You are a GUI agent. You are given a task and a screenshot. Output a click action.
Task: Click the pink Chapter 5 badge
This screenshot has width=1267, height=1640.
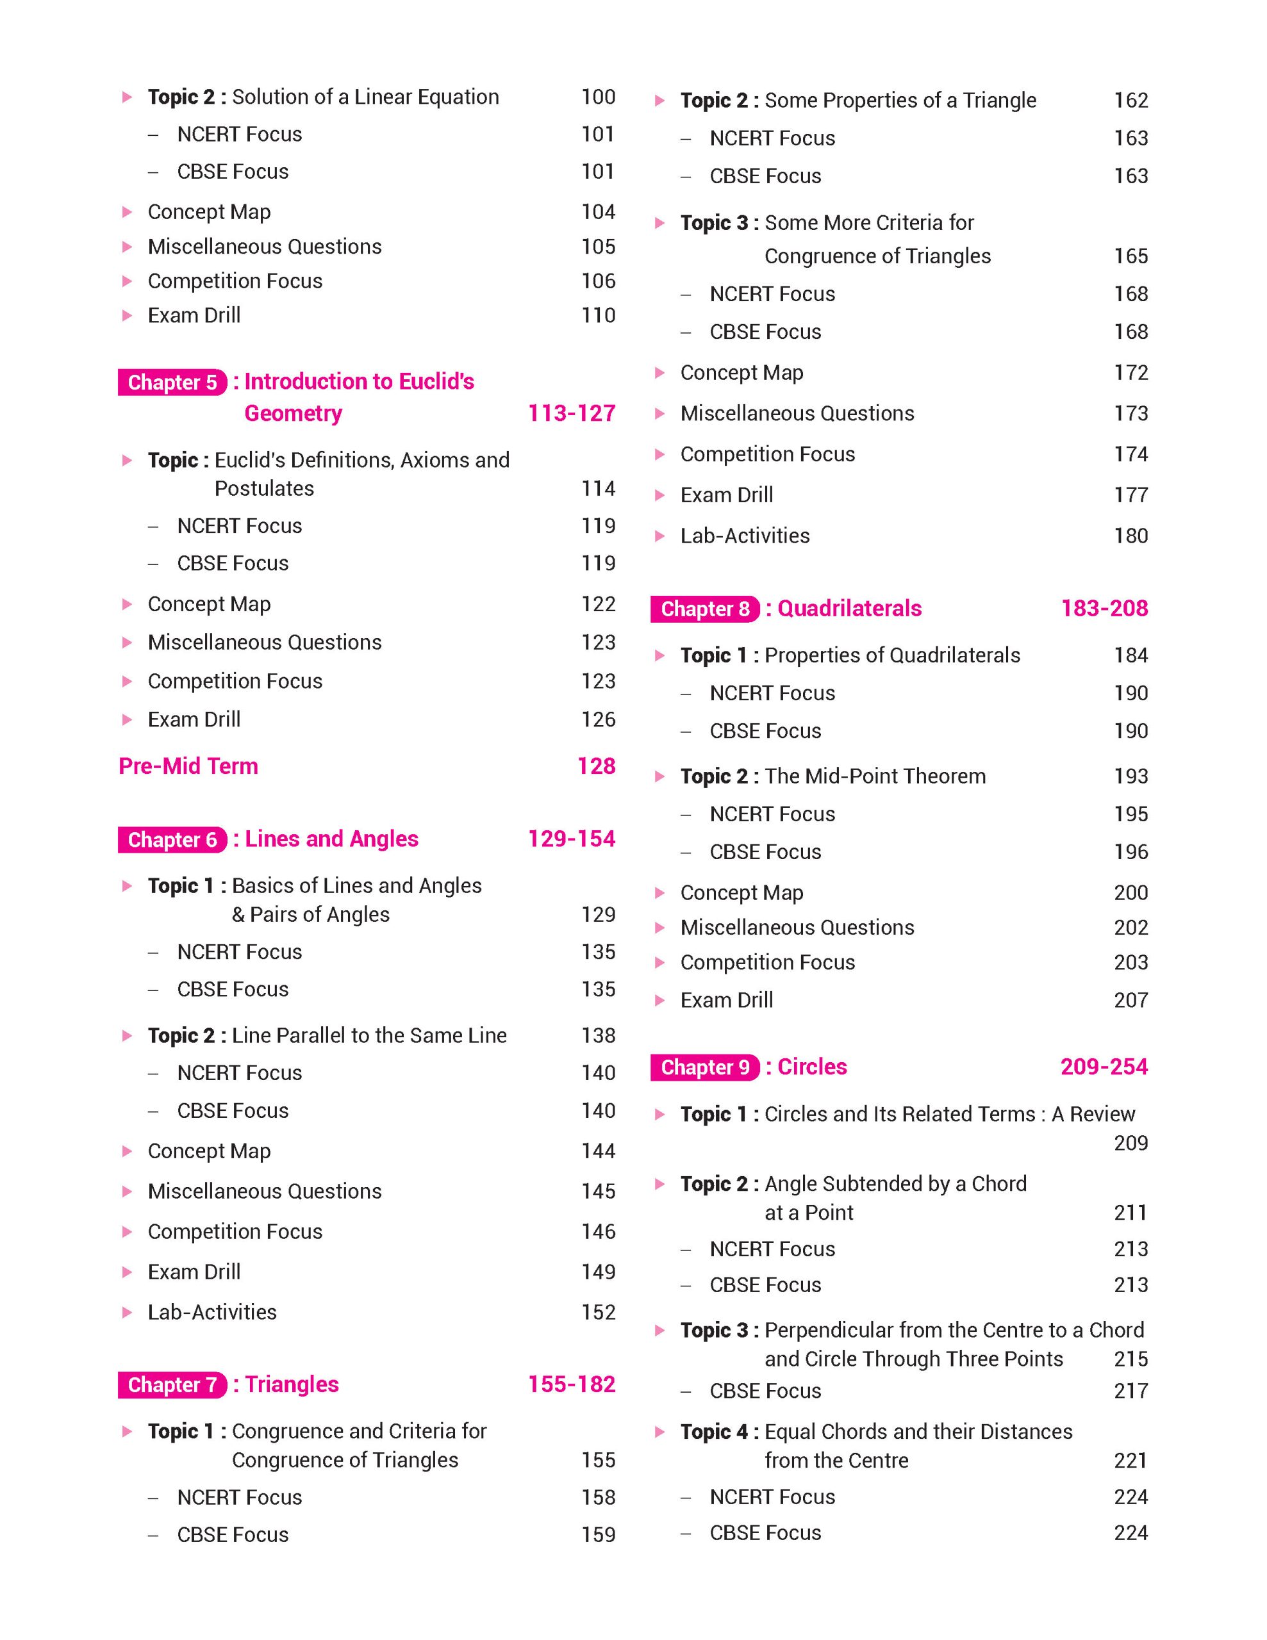pyautogui.click(x=172, y=382)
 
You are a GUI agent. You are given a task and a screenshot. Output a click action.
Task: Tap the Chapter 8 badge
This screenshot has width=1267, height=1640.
pyautogui.click(x=704, y=609)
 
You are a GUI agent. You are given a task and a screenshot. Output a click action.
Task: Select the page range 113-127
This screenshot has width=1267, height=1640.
pyautogui.click(x=571, y=413)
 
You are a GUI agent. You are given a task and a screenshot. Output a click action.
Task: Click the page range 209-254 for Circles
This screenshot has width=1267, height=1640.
pyautogui.click(x=1104, y=1067)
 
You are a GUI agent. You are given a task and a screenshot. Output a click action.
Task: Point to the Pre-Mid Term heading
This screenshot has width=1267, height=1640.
pyautogui.click(x=188, y=766)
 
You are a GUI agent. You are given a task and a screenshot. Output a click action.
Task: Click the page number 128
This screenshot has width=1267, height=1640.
pyautogui.click(x=596, y=766)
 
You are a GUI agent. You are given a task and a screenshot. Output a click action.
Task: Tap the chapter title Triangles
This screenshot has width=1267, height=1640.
pyautogui.click(x=292, y=1384)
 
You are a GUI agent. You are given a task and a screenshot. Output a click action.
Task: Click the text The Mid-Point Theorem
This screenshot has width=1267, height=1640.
pyautogui.click(x=875, y=776)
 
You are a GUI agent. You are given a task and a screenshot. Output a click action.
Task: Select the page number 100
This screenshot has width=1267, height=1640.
pyautogui.click(x=598, y=97)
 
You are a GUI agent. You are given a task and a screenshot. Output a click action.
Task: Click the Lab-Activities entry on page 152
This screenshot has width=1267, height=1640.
pyautogui.click(x=213, y=1312)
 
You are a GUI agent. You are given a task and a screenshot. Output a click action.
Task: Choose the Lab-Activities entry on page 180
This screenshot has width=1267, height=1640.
pyautogui.click(x=745, y=536)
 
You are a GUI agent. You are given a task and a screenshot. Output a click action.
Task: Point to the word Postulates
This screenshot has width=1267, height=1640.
pyautogui.click(x=265, y=489)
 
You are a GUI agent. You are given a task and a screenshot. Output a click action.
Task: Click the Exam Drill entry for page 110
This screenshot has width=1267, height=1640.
pyautogui.click(x=195, y=315)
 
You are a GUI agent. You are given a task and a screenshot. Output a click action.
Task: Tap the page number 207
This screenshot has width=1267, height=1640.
pyautogui.click(x=1130, y=1000)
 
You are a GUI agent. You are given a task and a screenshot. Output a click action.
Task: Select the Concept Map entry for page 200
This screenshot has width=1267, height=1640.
pyautogui.click(x=741, y=893)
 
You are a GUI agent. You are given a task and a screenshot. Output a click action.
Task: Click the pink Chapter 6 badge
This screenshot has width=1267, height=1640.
pyautogui.click(x=172, y=839)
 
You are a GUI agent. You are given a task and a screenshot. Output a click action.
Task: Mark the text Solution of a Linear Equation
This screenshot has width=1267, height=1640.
pyautogui.click(x=365, y=97)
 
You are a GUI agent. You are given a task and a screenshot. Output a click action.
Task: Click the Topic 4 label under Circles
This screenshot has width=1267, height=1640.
pyautogui.click(x=713, y=1432)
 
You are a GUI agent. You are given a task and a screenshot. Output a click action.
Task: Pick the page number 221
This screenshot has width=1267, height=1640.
pyautogui.click(x=1130, y=1461)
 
